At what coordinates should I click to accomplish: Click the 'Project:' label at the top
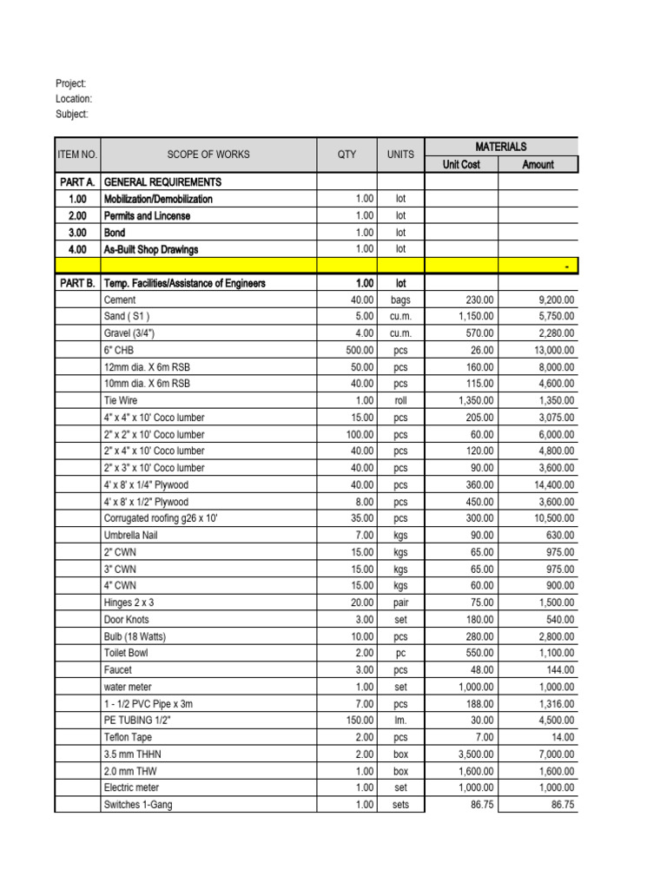(x=71, y=83)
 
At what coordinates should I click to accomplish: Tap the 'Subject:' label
(x=72, y=115)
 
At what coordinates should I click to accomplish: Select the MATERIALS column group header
(x=500, y=147)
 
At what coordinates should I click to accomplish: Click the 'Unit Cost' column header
(x=461, y=164)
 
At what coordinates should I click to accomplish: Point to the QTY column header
(x=347, y=155)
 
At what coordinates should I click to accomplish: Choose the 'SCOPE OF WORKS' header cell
(x=208, y=155)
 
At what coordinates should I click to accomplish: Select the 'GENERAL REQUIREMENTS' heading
(x=162, y=182)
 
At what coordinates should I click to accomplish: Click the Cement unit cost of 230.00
(x=478, y=300)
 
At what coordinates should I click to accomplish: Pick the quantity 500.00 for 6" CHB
(x=359, y=350)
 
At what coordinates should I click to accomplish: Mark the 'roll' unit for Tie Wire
(x=400, y=400)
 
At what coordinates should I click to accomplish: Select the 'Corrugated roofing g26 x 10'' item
(x=161, y=518)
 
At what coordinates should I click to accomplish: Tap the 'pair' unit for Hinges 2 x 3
(x=400, y=603)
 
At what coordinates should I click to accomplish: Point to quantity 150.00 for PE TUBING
(x=359, y=721)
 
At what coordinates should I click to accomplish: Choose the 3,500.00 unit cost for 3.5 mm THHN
(x=473, y=754)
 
